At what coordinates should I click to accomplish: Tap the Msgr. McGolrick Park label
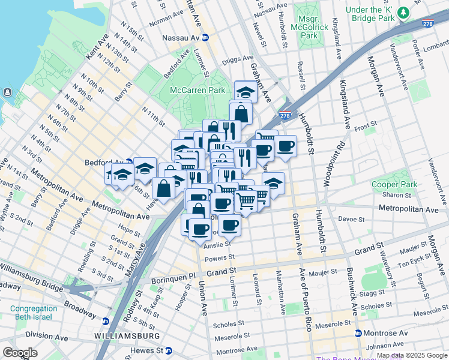coord(309,28)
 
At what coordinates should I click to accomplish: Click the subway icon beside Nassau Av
coord(205,37)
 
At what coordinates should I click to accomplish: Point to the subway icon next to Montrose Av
coord(358,333)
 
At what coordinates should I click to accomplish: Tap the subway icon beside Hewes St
coord(169,350)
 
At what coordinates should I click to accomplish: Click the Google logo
coord(20,353)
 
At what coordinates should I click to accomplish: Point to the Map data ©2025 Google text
coord(412,356)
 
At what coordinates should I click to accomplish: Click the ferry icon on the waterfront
coord(7,92)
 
